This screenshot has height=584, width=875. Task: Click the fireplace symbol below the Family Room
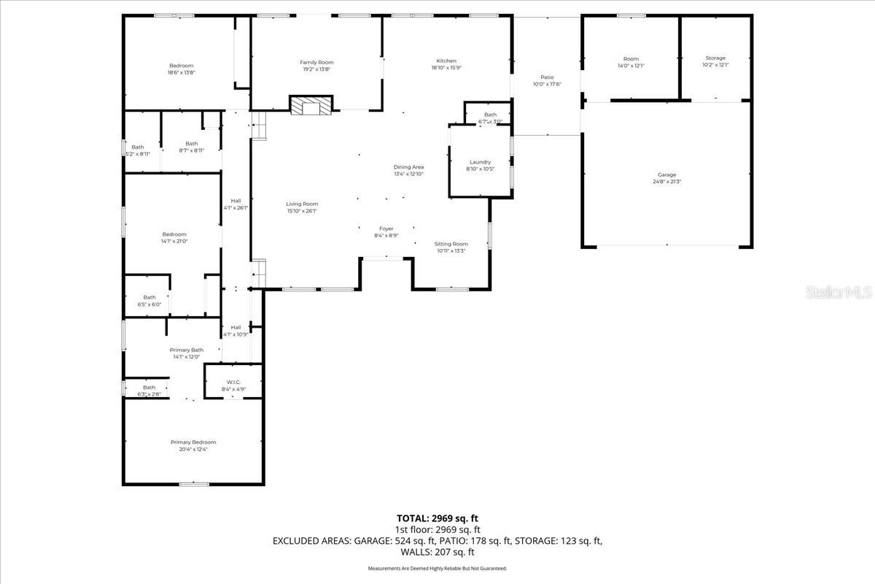(x=311, y=105)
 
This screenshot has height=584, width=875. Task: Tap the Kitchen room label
(x=446, y=61)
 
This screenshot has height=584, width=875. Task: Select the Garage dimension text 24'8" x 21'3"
(x=666, y=182)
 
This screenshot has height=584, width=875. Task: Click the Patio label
(x=547, y=77)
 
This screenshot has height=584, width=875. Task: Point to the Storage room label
(x=715, y=58)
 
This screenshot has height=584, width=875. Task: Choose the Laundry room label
(x=480, y=162)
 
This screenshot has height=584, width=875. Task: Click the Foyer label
(x=386, y=228)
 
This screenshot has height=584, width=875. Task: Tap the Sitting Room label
(x=451, y=244)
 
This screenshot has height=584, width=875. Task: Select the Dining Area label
(x=408, y=167)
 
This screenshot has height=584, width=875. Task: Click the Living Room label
(x=301, y=204)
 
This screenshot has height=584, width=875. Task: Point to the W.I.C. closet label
(x=233, y=382)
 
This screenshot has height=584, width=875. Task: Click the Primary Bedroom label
(x=193, y=442)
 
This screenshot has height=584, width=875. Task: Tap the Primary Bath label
(x=187, y=350)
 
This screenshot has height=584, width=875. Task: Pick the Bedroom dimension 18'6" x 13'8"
(x=182, y=72)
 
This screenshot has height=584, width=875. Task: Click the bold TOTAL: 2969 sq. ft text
(x=437, y=518)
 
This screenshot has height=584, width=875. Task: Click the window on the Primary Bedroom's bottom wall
(x=193, y=484)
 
